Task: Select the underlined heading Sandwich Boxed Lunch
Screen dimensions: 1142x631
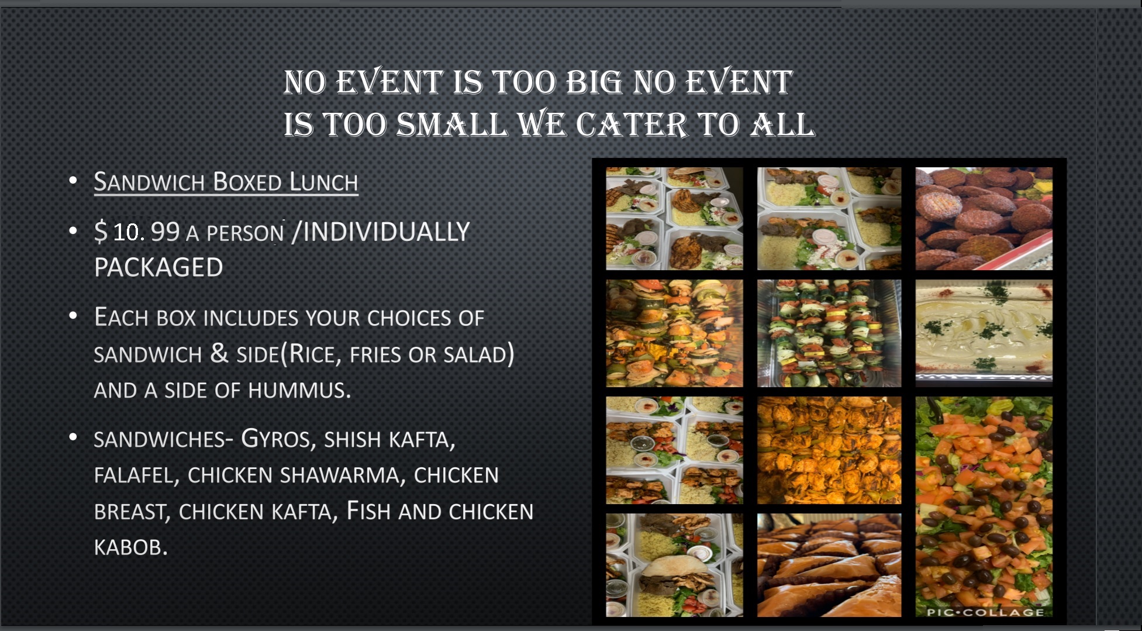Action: tap(226, 182)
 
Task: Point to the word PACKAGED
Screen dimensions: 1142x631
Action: tap(158, 268)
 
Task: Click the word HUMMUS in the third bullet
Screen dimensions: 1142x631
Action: tap(299, 390)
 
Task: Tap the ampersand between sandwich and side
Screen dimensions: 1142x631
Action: tap(219, 353)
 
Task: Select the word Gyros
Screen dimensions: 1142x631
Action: tap(275, 438)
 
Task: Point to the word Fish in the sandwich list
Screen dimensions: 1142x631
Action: tap(368, 511)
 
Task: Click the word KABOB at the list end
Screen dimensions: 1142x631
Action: tap(130, 547)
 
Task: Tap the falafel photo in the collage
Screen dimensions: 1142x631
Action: tap(984, 219)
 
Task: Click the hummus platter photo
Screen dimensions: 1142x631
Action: tap(984, 331)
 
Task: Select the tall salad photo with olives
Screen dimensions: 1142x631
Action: tap(984, 506)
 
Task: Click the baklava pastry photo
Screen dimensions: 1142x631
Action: tap(829, 565)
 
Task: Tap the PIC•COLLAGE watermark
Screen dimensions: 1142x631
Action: tap(985, 612)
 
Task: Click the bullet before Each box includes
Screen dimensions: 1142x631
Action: tap(73, 316)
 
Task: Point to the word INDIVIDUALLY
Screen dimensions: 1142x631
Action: tap(386, 232)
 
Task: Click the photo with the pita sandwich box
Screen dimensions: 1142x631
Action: tap(674, 565)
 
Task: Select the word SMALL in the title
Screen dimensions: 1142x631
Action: tap(451, 125)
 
